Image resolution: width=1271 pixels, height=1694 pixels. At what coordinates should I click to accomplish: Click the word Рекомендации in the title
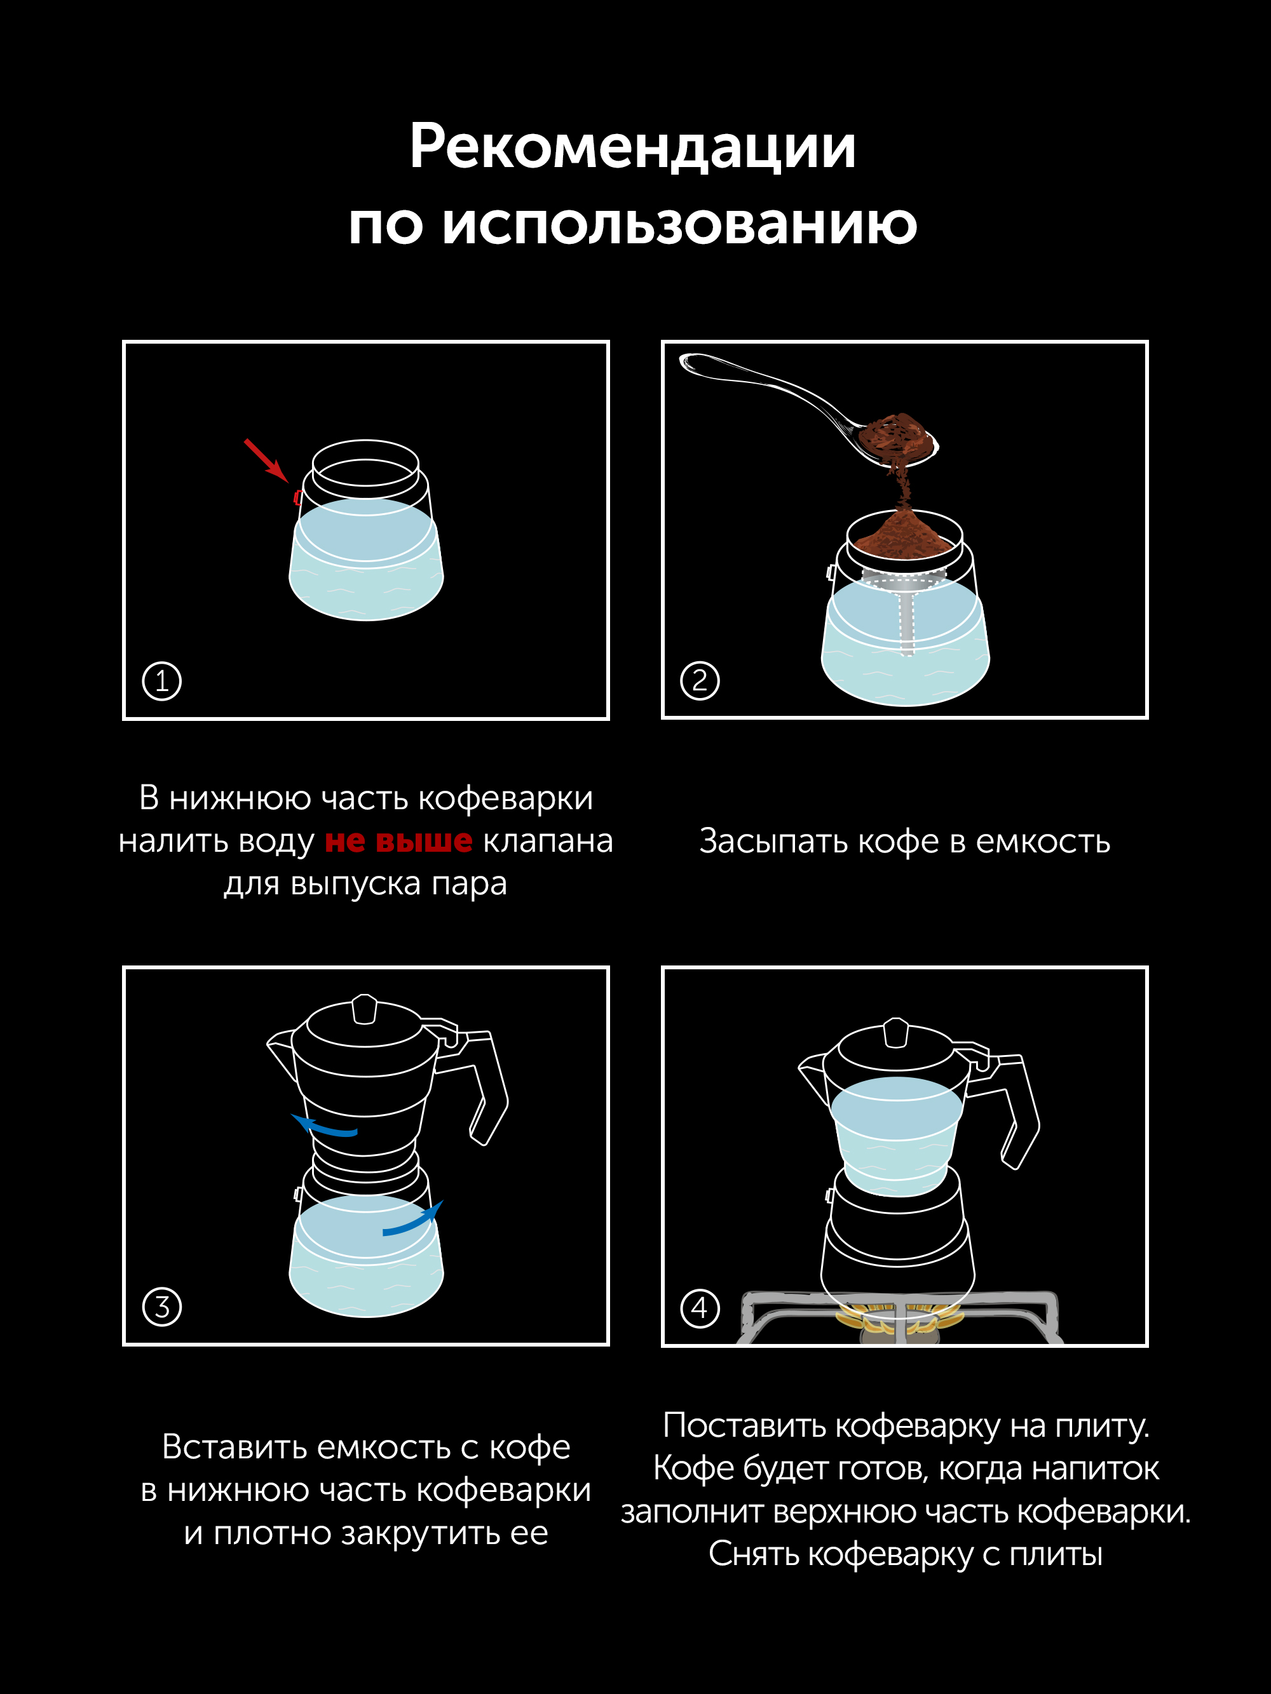(633, 147)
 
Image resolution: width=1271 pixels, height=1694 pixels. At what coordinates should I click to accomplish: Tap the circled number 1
(161, 681)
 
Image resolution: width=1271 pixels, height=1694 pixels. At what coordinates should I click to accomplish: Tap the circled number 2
(700, 681)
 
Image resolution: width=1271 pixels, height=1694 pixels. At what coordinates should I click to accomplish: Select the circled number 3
(161, 1307)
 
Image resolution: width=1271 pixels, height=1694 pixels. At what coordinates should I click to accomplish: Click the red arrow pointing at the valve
(266, 460)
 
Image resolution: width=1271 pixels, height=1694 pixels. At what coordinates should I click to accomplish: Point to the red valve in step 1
(298, 498)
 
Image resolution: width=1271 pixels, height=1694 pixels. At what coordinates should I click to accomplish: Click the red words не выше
(398, 840)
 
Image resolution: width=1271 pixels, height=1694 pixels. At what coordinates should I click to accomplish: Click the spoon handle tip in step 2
(684, 361)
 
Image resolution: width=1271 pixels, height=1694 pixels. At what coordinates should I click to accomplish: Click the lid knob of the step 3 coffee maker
(365, 1009)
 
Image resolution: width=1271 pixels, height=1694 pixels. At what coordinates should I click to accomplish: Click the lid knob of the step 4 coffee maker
(895, 1032)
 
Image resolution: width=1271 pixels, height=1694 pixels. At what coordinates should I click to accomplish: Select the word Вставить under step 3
(234, 1448)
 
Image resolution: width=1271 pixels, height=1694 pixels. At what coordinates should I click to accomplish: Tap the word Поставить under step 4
(745, 1426)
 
